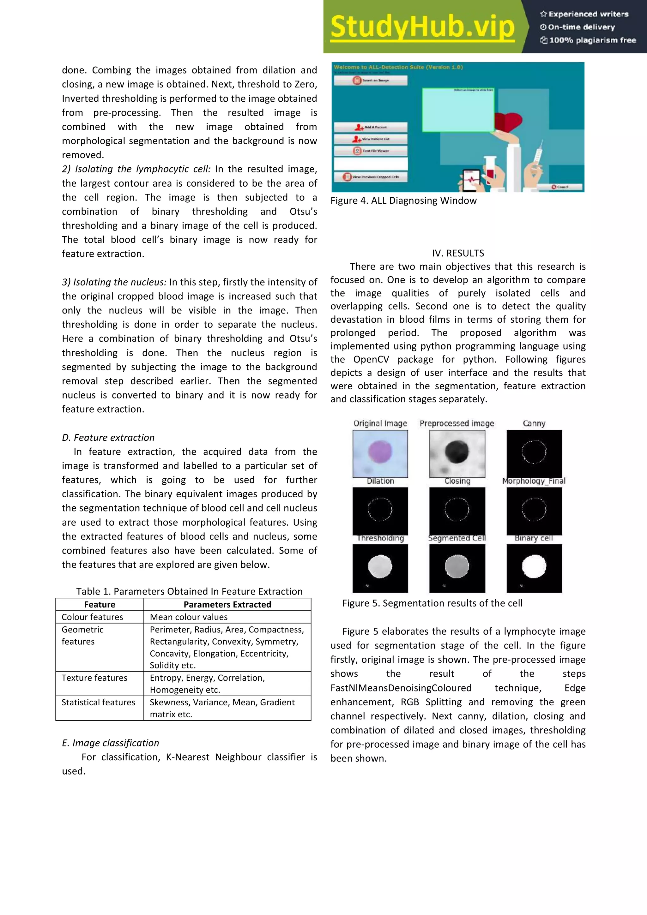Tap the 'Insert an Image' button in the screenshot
(371, 81)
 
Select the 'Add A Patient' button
(371, 127)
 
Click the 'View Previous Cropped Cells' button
(371, 177)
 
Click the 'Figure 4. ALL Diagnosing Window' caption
(403, 200)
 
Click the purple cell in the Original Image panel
(380, 452)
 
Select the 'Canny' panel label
(534, 423)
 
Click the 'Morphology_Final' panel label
(534, 481)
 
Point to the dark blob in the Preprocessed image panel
(457, 452)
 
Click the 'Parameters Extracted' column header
(227, 604)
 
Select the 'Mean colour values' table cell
(189, 617)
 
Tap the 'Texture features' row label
(94, 678)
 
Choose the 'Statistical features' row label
(99, 702)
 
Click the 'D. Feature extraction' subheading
(108, 438)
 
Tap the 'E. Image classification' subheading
(111, 743)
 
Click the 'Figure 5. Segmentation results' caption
(432, 603)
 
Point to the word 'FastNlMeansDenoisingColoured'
(401, 688)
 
